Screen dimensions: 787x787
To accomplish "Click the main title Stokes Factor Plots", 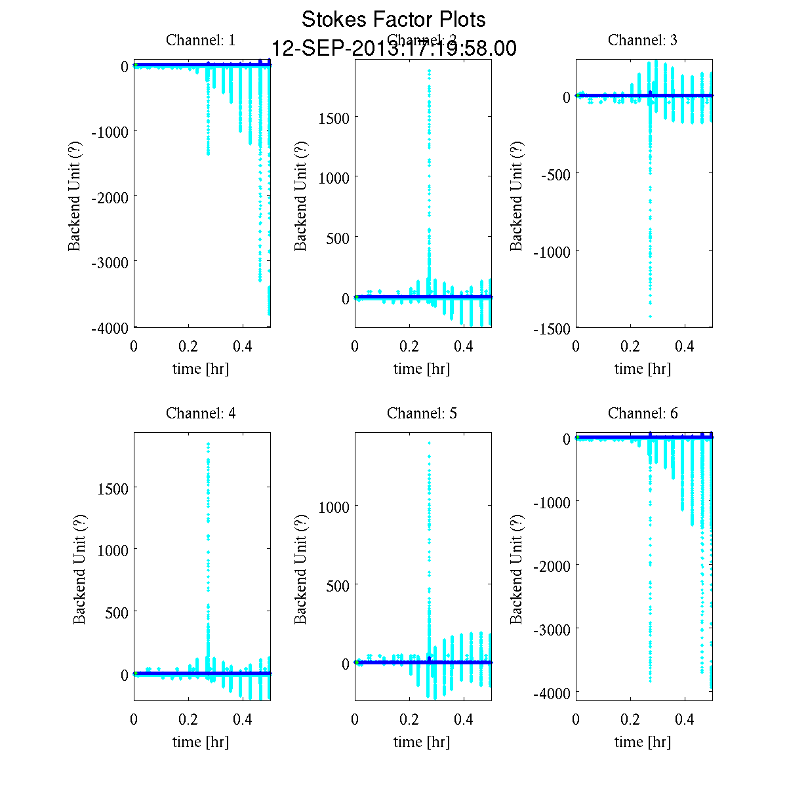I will tap(393, 20).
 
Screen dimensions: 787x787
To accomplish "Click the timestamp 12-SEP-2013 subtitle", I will tap(393, 49).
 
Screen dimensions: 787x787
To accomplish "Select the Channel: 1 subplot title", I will tap(201, 40).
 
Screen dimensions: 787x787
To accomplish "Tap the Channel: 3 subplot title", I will tap(643, 40).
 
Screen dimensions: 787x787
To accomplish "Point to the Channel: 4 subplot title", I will tap(201, 413).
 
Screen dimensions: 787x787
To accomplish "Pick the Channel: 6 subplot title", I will tap(643, 413).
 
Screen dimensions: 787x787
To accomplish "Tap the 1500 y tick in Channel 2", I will tap(334, 117).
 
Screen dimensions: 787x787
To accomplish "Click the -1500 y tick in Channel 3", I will tap(552, 329).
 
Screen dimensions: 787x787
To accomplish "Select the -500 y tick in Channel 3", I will tap(555, 174).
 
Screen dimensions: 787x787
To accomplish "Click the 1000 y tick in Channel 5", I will tap(334, 506).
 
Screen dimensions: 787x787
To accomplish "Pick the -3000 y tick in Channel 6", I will tap(552, 630).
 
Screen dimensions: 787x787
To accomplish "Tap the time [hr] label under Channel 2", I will tap(422, 369).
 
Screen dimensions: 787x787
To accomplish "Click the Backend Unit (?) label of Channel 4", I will tap(79, 569).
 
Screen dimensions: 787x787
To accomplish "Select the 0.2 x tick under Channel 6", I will tap(630, 719).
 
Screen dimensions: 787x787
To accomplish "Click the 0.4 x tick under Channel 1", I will tap(243, 346).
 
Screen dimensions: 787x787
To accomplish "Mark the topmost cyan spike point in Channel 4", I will tap(208, 444).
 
